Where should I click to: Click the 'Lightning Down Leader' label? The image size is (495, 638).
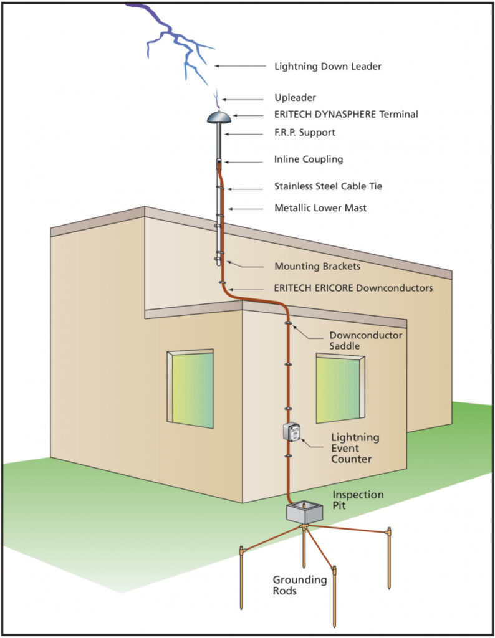point(328,65)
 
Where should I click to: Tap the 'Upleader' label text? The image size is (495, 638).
point(295,98)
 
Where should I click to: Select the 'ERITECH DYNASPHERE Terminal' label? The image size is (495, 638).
point(346,115)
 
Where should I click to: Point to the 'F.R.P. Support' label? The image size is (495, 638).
point(305,132)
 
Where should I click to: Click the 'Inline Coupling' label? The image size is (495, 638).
point(309,159)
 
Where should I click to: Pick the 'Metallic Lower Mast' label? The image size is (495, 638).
point(320,208)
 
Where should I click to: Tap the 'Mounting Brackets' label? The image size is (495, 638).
point(317,266)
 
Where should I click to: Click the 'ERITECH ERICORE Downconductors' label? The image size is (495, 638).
point(353,288)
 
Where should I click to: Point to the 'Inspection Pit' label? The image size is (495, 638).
point(358,500)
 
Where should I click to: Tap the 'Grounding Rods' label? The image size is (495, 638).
point(299,585)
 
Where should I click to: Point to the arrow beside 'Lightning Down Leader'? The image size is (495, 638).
point(241,65)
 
